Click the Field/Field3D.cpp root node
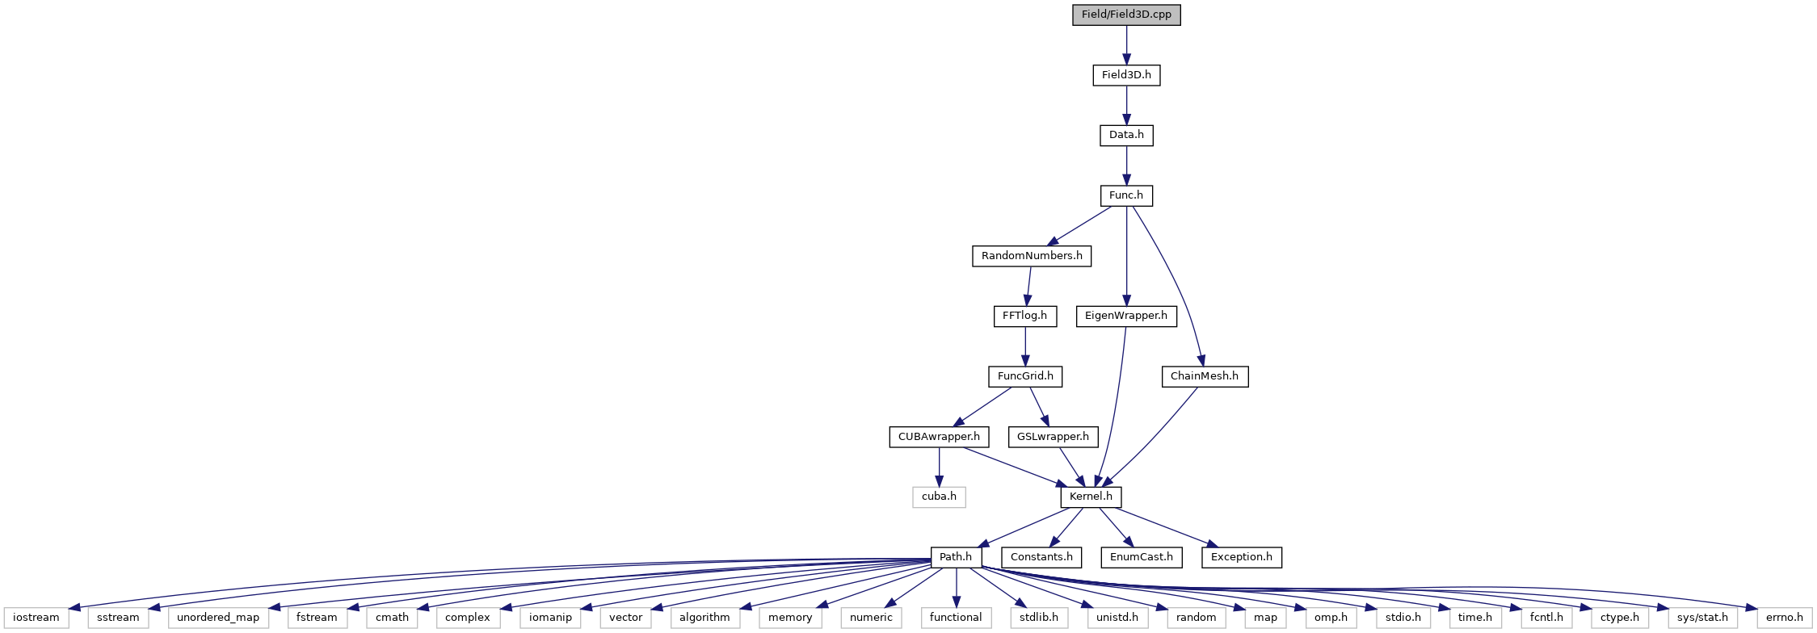(x=1126, y=15)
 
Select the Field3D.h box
(x=1126, y=75)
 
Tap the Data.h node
(x=1126, y=135)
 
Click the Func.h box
(x=1126, y=195)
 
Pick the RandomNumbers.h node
(x=1032, y=256)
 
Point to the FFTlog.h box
(x=1024, y=316)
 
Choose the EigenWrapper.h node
(x=1126, y=316)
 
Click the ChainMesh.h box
(x=1205, y=376)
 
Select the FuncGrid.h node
(x=1025, y=376)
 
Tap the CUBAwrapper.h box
(x=939, y=437)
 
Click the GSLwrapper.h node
(x=1054, y=437)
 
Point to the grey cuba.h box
(x=939, y=497)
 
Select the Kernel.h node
(x=1091, y=497)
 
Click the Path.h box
(x=957, y=557)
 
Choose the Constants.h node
(x=1041, y=557)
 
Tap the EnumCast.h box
(x=1142, y=557)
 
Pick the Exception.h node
(x=1242, y=557)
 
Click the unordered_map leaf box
(x=218, y=618)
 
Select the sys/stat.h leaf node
(x=1701, y=618)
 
